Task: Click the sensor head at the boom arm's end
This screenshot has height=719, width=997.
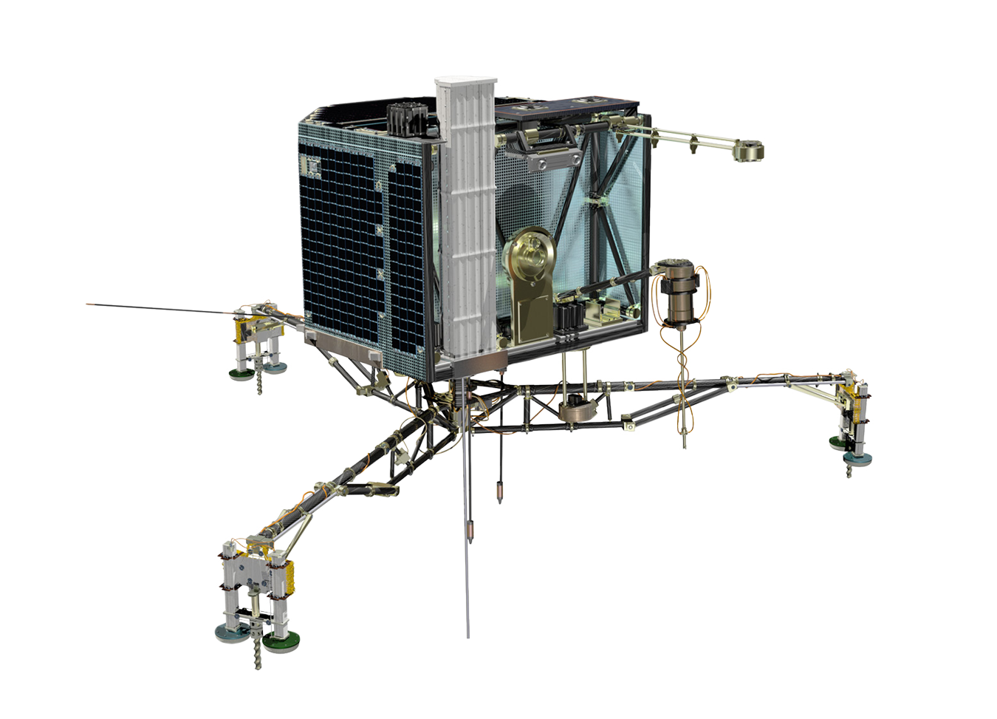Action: [749, 151]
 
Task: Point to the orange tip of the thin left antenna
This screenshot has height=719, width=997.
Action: [92, 304]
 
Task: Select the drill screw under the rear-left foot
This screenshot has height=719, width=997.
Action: [260, 383]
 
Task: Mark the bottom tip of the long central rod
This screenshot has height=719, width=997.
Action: [467, 635]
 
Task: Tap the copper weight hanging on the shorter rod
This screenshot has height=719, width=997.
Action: [500, 491]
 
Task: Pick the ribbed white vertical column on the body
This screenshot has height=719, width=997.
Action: [467, 222]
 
